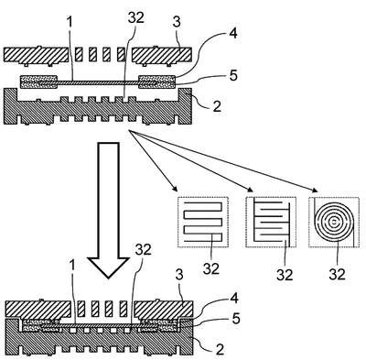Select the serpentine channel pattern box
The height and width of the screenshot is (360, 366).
(x=203, y=222)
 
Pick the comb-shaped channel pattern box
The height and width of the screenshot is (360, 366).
(x=271, y=222)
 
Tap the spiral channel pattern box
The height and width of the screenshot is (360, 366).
(x=334, y=222)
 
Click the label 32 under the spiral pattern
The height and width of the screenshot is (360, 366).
(x=337, y=274)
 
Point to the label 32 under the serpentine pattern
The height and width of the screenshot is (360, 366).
(x=211, y=268)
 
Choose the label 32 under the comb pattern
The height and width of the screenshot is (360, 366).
(x=285, y=275)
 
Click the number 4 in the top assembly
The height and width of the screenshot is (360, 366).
(x=232, y=33)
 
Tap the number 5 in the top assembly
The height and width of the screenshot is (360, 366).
(x=233, y=75)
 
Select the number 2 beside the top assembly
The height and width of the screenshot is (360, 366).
(x=217, y=106)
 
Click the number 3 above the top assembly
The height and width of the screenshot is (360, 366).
(x=177, y=22)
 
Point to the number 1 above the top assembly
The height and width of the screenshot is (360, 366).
(x=70, y=22)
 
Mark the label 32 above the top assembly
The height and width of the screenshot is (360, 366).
(x=136, y=18)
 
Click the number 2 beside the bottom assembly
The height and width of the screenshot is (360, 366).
(x=220, y=349)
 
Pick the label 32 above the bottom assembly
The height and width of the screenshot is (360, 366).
(x=144, y=250)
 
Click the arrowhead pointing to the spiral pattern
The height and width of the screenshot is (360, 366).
(x=314, y=190)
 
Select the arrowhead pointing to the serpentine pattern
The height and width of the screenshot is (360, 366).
(x=175, y=188)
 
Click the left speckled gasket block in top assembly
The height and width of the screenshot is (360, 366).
(x=38, y=82)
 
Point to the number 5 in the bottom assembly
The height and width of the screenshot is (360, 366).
(x=236, y=319)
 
